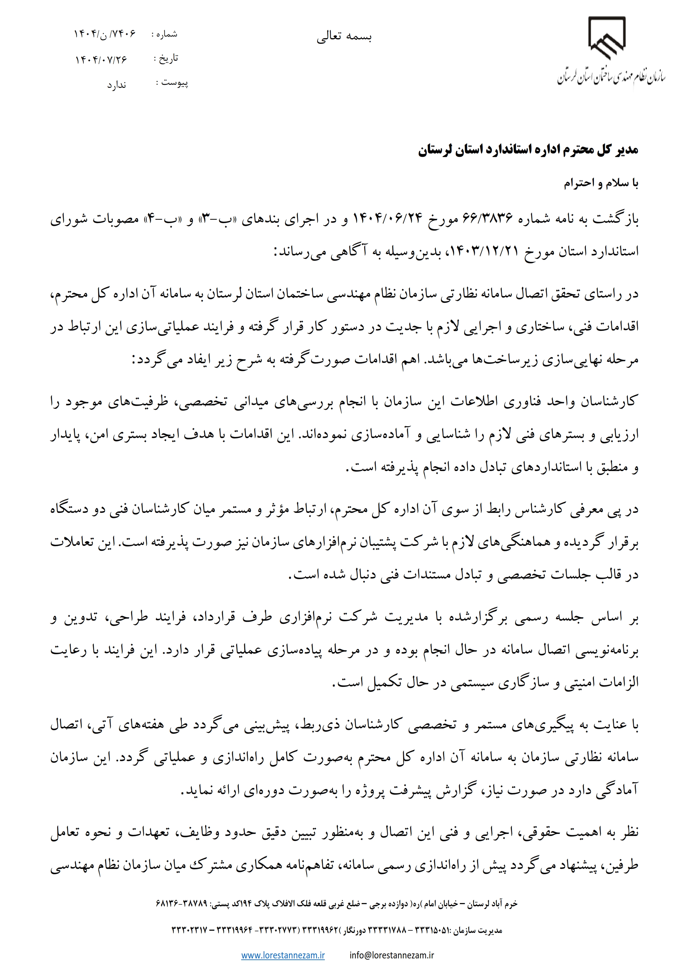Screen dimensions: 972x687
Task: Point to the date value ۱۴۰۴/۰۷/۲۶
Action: coord(101,59)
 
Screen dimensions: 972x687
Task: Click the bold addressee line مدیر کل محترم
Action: coord(528,150)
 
